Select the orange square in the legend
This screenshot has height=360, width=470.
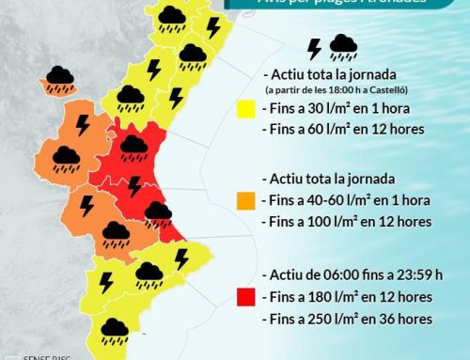pos(248,200)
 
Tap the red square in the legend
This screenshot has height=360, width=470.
pos(248,299)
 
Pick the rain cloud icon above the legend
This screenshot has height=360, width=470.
pos(343,46)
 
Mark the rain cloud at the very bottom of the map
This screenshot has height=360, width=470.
pos(115,329)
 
